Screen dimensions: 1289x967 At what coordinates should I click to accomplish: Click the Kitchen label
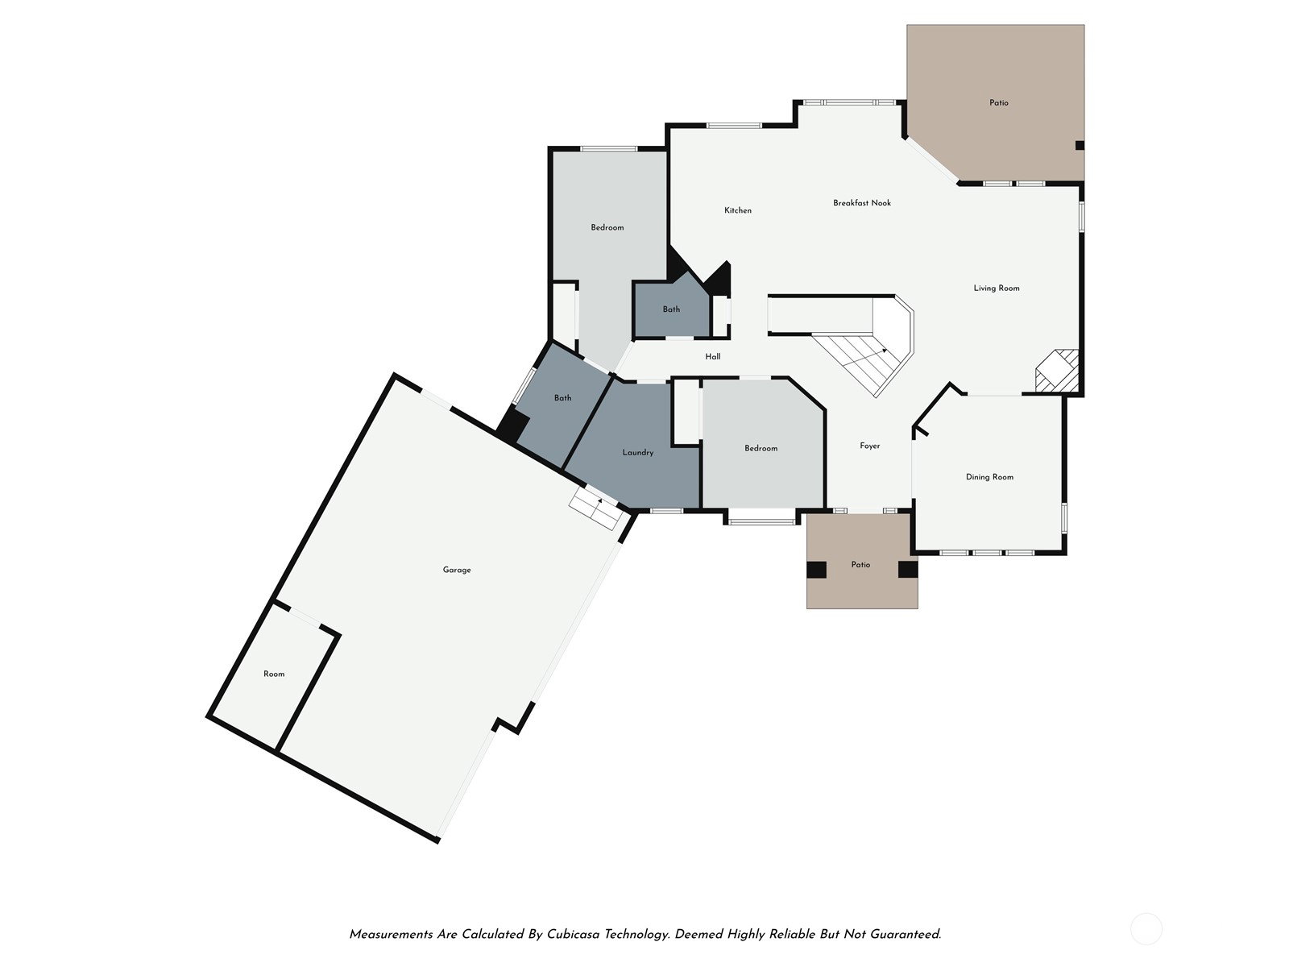point(738,210)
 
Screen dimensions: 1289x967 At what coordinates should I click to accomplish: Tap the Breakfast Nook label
point(861,202)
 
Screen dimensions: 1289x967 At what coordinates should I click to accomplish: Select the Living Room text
point(996,288)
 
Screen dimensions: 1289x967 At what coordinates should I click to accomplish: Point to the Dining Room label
point(989,477)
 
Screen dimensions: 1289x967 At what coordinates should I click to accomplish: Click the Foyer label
point(870,446)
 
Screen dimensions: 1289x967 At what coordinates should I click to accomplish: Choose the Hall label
point(712,356)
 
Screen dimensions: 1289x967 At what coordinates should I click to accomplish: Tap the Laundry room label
point(638,453)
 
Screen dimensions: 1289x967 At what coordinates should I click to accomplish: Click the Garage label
point(456,570)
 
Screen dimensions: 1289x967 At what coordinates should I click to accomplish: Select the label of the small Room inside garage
point(274,674)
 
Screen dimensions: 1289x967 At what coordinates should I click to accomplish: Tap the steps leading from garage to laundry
point(596,508)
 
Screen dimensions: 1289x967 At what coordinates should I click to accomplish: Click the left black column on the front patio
point(815,570)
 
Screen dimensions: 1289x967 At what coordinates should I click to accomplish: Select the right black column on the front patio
point(907,570)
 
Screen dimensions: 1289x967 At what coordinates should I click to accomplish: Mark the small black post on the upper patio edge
point(1080,146)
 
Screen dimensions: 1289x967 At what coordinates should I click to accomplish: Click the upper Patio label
point(998,103)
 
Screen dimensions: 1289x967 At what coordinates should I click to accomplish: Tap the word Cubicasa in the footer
point(573,934)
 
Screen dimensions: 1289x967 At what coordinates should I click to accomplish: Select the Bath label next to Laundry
point(562,398)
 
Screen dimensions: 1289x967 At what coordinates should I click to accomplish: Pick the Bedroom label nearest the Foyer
point(761,448)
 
